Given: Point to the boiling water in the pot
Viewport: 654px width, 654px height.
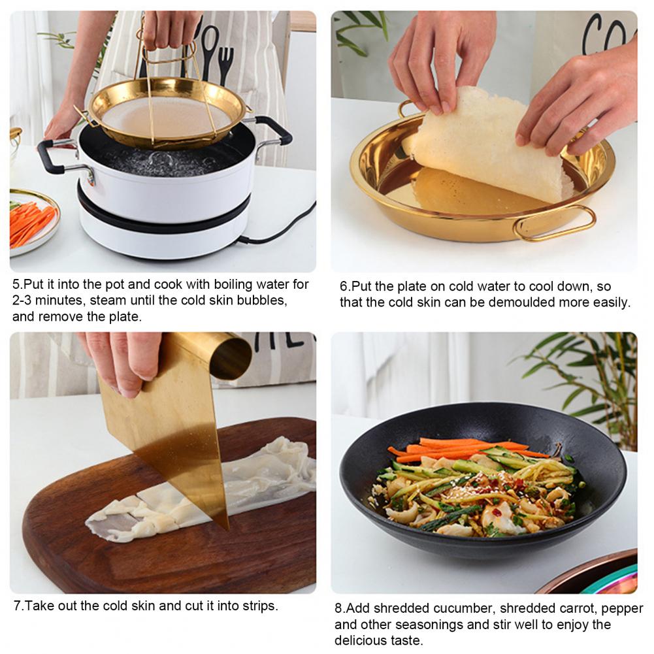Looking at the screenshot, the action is coord(167,161).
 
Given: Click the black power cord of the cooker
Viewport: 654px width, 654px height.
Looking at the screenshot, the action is coord(278,226).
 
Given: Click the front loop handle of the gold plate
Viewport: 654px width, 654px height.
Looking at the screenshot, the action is coord(555,223).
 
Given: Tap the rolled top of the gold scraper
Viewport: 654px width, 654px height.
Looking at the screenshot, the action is coord(231,357).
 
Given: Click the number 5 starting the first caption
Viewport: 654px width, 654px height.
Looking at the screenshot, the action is coord(16,284).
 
